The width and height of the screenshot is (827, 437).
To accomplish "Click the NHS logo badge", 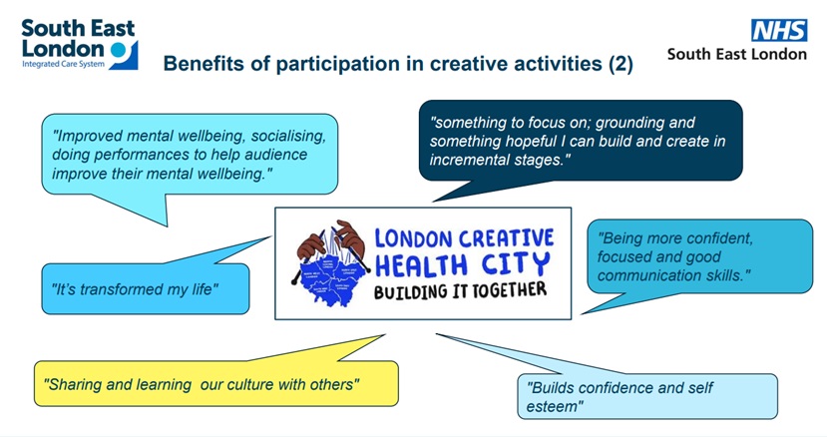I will coord(779,30).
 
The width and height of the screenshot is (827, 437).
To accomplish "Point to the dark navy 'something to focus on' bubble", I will coord(579,140).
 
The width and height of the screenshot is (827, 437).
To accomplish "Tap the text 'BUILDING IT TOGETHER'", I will coord(460,291).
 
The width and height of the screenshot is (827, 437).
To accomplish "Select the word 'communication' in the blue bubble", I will coord(649,274).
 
